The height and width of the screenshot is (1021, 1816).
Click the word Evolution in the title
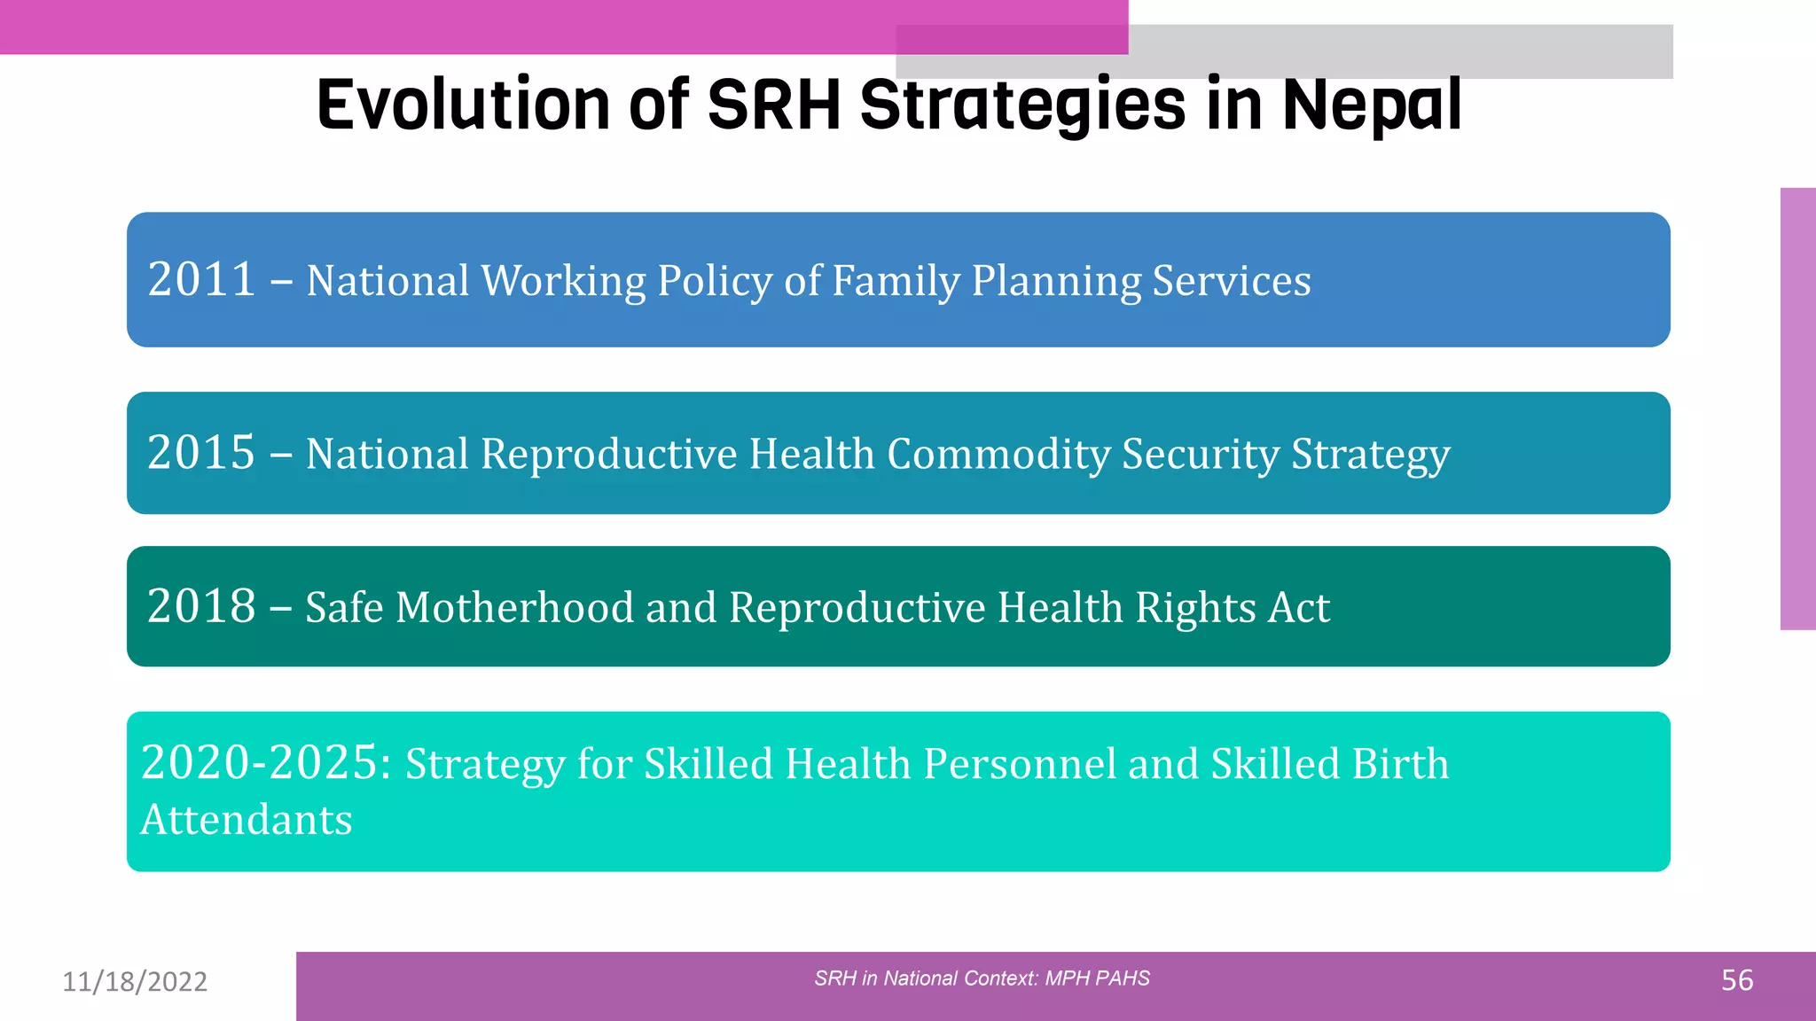coord(464,105)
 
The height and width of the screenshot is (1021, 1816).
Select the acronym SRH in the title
coord(773,105)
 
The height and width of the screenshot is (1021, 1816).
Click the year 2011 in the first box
coord(201,280)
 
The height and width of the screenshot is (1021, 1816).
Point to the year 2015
coord(201,453)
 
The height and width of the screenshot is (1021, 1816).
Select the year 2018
coord(201,606)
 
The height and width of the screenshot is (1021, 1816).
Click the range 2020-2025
coord(265,763)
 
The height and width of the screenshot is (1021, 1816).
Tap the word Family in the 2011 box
coord(896,281)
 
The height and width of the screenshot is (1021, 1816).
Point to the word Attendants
coord(247,820)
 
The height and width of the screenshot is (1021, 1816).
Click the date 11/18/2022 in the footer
coord(135,981)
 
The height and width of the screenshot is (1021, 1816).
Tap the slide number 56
coord(1736,980)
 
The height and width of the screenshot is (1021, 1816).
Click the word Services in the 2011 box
coord(1231,281)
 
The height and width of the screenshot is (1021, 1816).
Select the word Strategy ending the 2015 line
coord(1370,455)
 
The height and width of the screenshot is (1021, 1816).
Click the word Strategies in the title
coord(1021,105)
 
